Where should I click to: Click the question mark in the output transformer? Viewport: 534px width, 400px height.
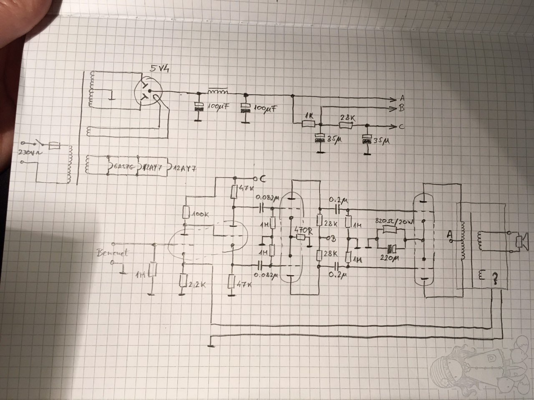click(x=495, y=277)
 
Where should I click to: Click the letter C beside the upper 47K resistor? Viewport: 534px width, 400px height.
click(x=263, y=179)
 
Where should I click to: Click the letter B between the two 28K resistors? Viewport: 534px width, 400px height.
click(x=332, y=239)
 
